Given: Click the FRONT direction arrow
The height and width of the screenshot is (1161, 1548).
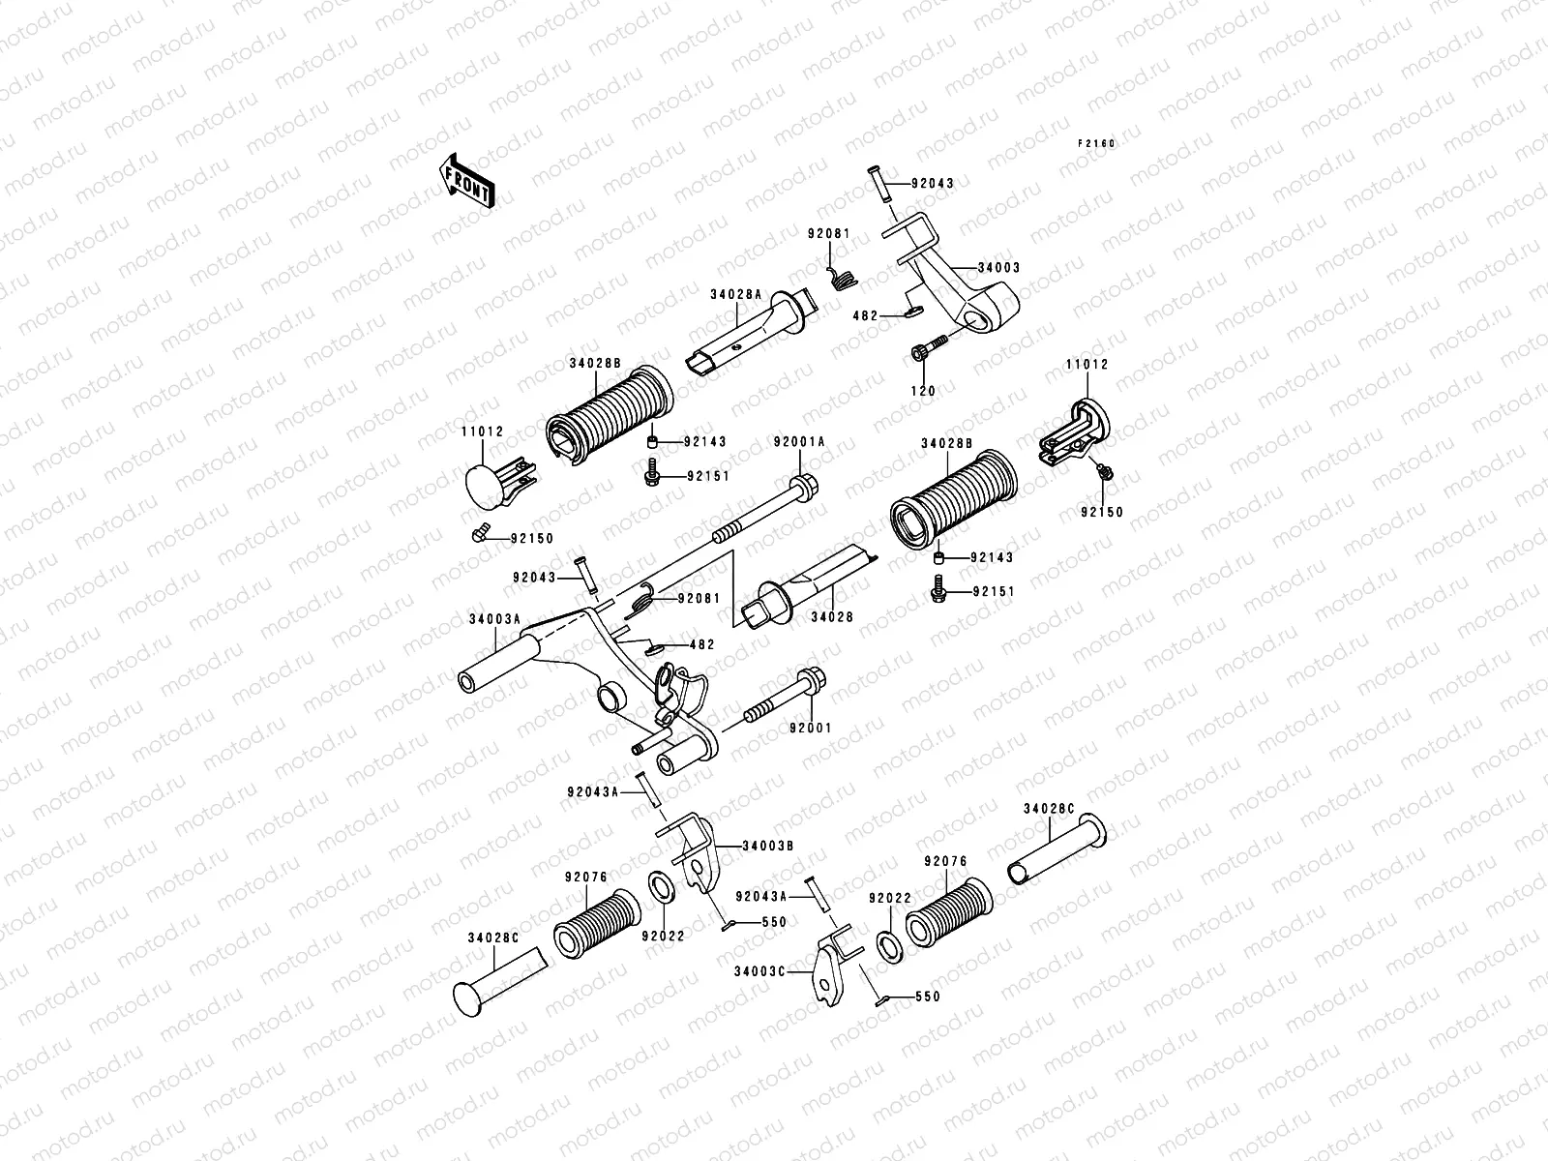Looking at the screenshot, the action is [466, 181].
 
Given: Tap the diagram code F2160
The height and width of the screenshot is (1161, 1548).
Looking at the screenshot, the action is [1096, 144].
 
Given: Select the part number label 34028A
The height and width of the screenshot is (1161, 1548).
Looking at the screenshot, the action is [736, 295].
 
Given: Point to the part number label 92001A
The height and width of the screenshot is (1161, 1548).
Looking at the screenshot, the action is [799, 442].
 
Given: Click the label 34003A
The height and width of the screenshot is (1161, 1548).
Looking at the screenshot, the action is [495, 619].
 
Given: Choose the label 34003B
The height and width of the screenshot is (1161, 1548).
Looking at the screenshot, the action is [768, 846].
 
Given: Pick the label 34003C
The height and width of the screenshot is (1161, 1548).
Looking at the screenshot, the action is [759, 971].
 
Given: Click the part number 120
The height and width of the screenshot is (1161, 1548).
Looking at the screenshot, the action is [923, 391].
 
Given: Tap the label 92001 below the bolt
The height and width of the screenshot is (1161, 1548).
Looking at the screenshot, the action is [811, 729].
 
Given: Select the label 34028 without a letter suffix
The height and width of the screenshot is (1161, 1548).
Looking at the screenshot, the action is [832, 617].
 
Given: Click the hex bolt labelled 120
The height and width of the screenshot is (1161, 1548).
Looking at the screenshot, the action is [929, 348].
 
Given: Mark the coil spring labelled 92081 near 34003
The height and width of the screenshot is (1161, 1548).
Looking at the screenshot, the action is [842, 276].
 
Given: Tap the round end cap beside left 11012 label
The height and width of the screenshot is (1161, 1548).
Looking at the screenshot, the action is [483, 487].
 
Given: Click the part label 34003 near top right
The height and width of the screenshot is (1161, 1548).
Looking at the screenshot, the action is [998, 268].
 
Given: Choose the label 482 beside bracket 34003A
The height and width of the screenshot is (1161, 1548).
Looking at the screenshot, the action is [701, 645].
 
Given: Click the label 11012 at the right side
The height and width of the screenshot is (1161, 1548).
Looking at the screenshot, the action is [1087, 365].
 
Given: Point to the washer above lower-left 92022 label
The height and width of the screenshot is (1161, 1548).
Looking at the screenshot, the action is [661, 887].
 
